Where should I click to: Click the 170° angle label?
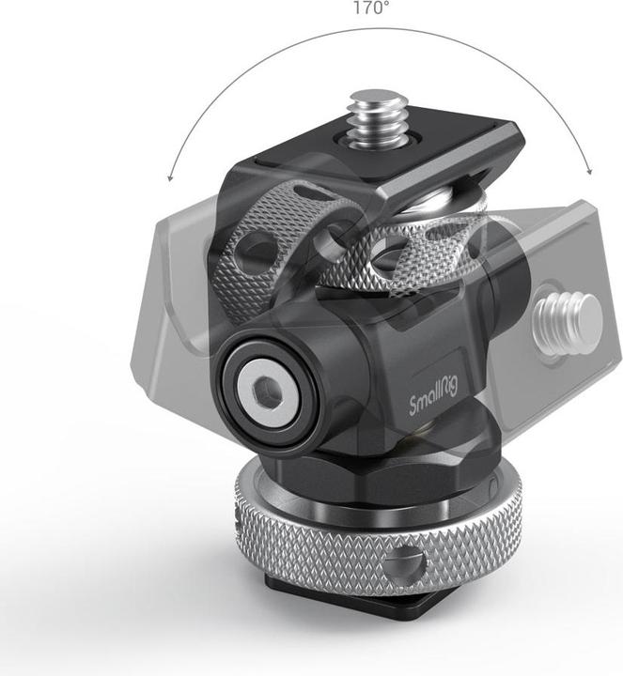point(371,8)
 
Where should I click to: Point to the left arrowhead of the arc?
point(170,177)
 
